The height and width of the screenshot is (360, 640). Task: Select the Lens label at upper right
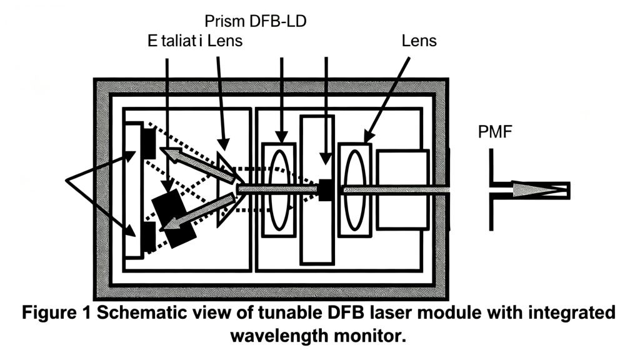419,42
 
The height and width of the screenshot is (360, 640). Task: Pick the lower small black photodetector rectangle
148,238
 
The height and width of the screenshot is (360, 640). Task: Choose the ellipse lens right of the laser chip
354,189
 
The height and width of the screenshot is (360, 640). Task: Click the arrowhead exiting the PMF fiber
527,189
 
